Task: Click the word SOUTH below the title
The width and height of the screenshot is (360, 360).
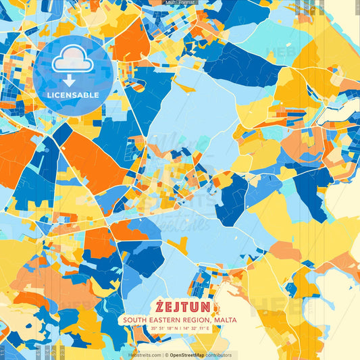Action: coord(135,319)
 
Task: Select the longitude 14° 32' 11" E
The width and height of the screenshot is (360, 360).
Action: coord(203,329)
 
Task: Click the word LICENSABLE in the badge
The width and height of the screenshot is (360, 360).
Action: coord(73,95)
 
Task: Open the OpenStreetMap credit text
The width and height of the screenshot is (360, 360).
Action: coord(192,355)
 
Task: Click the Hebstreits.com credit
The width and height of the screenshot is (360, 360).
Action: coord(145,355)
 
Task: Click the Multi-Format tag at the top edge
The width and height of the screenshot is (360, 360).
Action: coord(180,3)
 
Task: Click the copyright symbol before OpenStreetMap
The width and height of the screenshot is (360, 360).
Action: coord(167,355)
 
